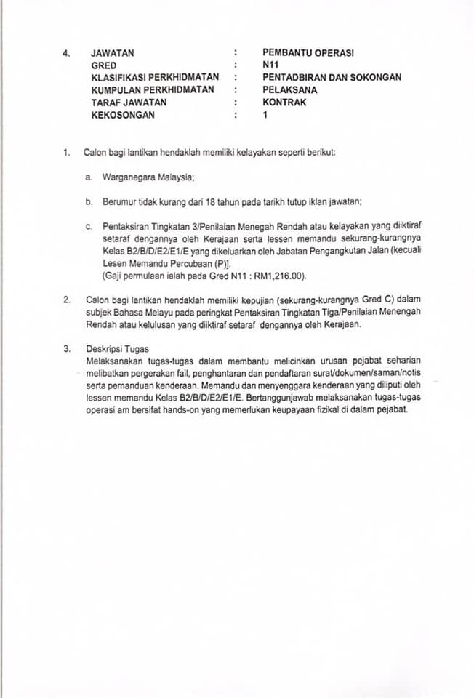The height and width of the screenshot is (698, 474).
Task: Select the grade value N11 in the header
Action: [270, 65]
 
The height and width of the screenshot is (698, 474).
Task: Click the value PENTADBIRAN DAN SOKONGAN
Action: [332, 77]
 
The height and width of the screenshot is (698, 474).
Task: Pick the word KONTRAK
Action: [284, 103]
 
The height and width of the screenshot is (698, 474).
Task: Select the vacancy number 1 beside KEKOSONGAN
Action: [265, 115]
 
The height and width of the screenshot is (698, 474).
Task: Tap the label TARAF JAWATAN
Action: [129, 103]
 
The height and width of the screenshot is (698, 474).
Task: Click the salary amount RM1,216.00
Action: [277, 276]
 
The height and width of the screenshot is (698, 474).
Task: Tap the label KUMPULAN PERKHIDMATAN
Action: [153, 89]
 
